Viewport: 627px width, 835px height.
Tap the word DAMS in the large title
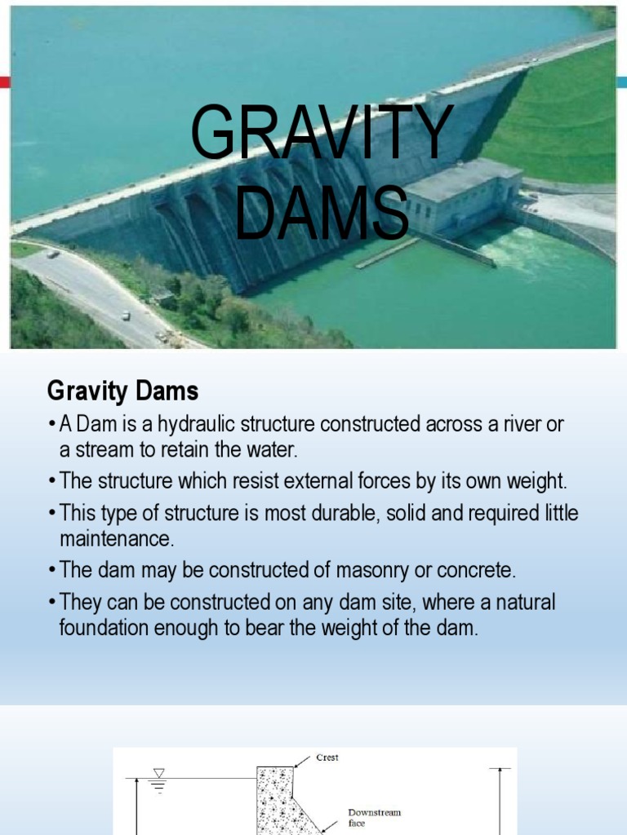click(x=322, y=214)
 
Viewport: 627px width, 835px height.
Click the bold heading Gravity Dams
click(x=122, y=391)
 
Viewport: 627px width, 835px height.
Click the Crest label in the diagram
click(x=327, y=758)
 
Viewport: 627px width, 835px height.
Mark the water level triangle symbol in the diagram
click(x=158, y=772)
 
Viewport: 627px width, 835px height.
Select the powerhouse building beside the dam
click(x=461, y=196)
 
